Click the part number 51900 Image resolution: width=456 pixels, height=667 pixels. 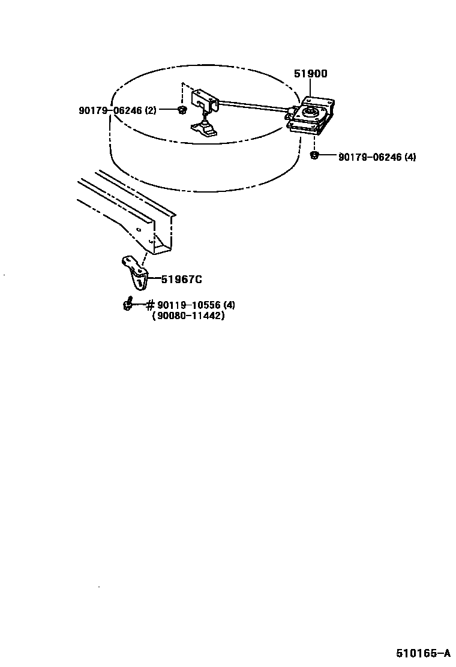pos(310,74)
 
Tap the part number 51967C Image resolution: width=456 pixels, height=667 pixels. pos(181,279)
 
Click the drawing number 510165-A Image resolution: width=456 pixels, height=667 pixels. pos(422,653)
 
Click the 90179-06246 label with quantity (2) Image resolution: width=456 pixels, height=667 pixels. pos(117,110)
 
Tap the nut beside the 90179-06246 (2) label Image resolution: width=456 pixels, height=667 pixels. pos(182,110)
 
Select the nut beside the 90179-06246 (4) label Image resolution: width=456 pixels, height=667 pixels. pos(313,156)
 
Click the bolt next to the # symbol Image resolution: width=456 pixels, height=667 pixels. pos(128,305)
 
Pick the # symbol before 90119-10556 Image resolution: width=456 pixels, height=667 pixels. pos(150,305)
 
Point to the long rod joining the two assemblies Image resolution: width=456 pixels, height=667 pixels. pos(252,107)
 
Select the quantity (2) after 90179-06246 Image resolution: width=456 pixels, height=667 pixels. pos(150,110)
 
